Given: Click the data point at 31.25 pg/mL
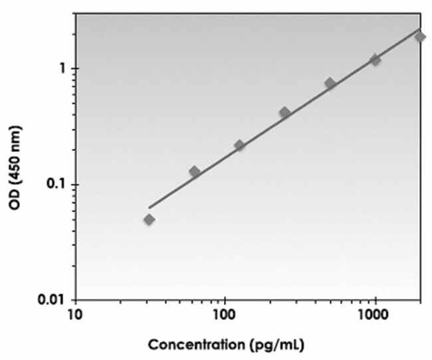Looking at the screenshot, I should coord(150,219).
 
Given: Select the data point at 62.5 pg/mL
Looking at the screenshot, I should coord(195,172).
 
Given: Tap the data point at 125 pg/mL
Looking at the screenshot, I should coord(240,145).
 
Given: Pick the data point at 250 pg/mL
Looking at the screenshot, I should coord(285,112).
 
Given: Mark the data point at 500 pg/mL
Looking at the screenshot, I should coord(330,83).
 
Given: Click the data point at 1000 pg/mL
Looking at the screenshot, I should coord(376,60).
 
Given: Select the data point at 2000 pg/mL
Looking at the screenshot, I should coord(420,37).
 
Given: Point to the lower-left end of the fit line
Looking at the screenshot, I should coord(150,208).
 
